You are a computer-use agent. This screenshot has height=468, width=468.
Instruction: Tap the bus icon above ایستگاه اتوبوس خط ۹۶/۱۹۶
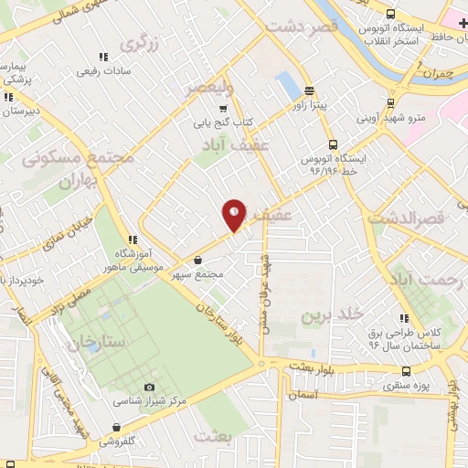pyautogui.click(x=332, y=144)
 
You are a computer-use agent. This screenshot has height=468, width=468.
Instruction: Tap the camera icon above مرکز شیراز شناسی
pyautogui.click(x=149, y=388)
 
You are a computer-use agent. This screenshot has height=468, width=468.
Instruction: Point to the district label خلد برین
pyautogui.click(x=326, y=315)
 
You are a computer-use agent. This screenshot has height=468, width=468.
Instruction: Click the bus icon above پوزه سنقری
pyautogui.click(x=407, y=371)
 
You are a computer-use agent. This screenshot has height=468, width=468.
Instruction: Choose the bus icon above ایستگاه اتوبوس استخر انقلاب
pyautogui.click(x=391, y=14)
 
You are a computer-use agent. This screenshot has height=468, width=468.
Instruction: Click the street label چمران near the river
pyautogui.click(x=437, y=72)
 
